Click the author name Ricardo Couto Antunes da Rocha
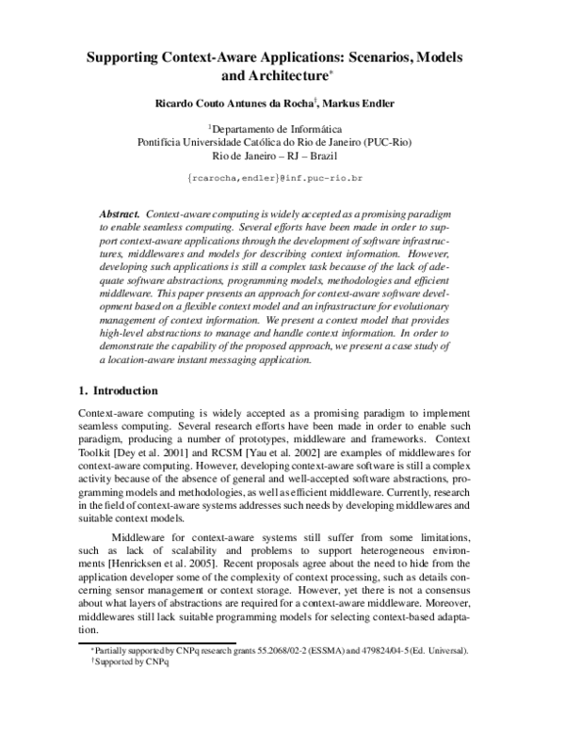point(238,103)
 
